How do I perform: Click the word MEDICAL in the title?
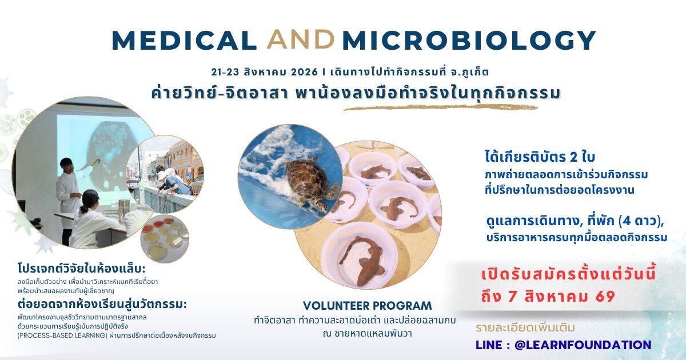(x=184, y=40)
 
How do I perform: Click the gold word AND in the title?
(x=300, y=39)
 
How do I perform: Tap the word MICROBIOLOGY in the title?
(x=469, y=40)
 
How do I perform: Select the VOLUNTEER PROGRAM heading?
(x=367, y=306)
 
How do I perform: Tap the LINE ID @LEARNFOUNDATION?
(x=583, y=345)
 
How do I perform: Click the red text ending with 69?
(x=548, y=297)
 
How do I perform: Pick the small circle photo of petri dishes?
(x=165, y=239)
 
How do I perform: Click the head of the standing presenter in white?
(x=66, y=165)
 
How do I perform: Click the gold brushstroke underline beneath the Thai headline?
(x=440, y=107)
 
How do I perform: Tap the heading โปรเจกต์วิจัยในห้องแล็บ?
(x=81, y=269)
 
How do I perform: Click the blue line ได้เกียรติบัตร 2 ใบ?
(x=540, y=157)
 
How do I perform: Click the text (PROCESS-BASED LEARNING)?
(x=62, y=335)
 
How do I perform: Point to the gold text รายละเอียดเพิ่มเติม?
(x=525, y=328)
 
